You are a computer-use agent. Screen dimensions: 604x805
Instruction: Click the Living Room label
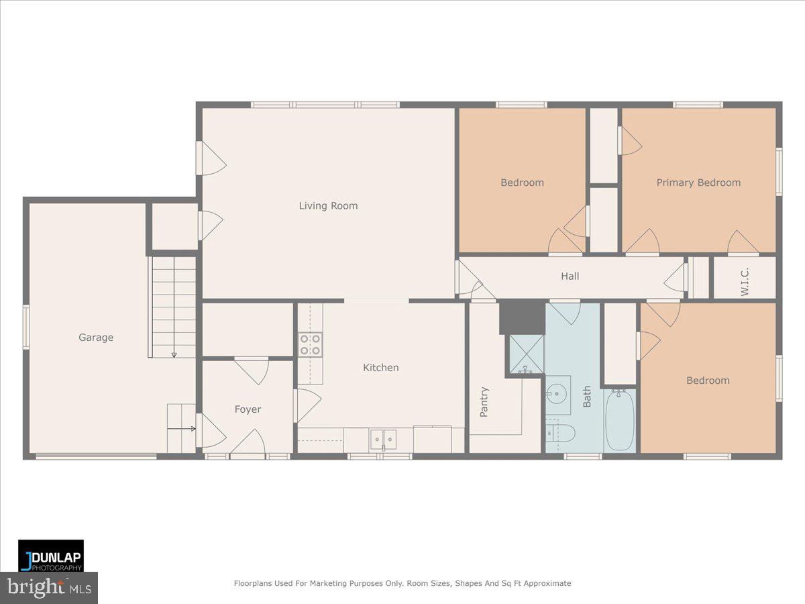[x=328, y=206]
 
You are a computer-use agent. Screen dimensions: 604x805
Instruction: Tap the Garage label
[x=96, y=338]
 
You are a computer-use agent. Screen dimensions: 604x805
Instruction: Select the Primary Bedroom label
[x=698, y=183]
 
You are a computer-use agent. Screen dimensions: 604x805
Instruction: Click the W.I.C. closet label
[x=744, y=277]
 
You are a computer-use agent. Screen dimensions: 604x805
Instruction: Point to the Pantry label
[x=484, y=401]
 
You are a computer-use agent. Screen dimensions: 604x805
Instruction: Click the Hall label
[x=570, y=276]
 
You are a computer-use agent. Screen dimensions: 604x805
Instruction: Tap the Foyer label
[x=248, y=409]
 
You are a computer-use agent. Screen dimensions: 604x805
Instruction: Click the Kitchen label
[x=380, y=368]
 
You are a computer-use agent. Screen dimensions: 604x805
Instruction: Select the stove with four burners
[x=310, y=344]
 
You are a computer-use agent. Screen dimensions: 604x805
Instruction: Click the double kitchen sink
[x=384, y=440]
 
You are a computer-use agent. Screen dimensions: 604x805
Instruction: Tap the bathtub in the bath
[x=620, y=420]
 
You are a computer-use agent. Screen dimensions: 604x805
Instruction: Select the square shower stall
[x=526, y=354]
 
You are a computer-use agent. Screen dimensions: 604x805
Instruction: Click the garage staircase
[x=173, y=306]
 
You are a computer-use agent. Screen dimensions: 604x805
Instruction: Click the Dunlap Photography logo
[x=51, y=556]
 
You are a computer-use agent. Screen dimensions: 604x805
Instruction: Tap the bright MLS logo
[x=49, y=588]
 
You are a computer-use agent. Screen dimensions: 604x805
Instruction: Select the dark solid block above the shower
[x=522, y=317]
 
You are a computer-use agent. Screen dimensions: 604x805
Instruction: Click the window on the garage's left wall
[x=26, y=327]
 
